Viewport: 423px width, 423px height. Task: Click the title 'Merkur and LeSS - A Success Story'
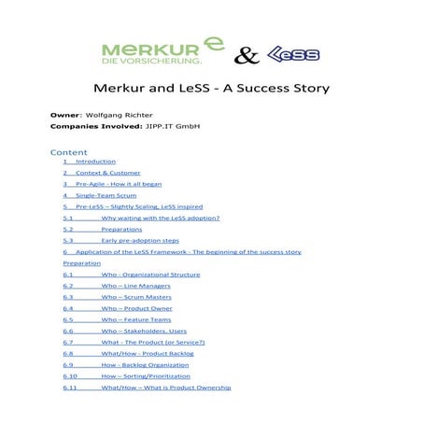(212, 92)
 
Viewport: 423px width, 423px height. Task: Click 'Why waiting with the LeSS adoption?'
(161, 218)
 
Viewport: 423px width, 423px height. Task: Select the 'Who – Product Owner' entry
(135, 308)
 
